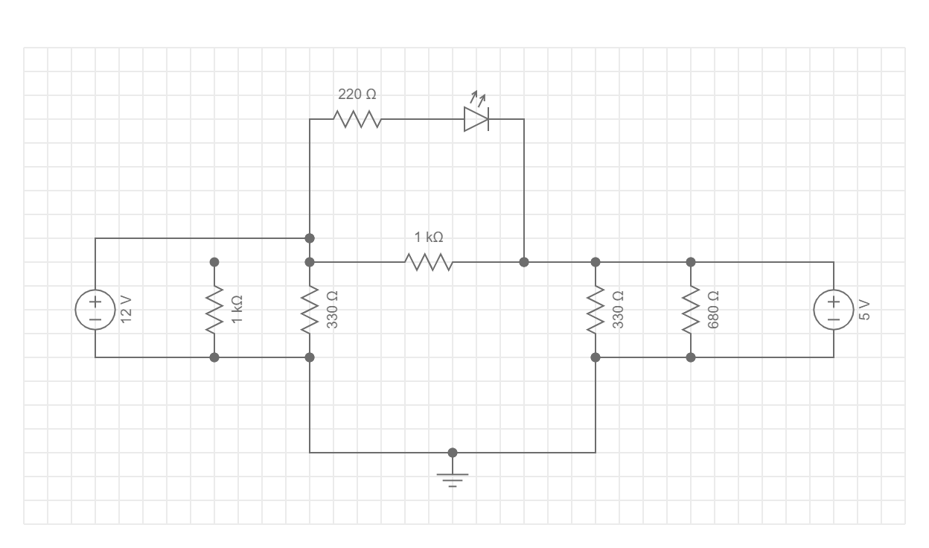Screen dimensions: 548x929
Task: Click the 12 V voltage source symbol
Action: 95,310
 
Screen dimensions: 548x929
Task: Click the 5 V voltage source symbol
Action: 834,310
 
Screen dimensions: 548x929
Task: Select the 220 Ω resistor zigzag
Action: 357,119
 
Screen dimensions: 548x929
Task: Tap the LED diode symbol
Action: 476,119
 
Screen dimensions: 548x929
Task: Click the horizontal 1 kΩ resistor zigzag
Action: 429,262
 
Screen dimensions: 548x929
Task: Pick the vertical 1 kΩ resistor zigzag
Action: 214,310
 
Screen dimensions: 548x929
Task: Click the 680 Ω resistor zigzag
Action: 691,310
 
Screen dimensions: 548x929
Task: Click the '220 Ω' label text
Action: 357,95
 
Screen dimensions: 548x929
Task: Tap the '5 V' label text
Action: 864,309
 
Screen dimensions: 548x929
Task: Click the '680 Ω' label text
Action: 714,309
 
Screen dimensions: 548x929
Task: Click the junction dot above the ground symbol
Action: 453,453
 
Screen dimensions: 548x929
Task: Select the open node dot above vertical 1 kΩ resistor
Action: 214,262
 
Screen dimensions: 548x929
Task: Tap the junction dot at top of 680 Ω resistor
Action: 691,262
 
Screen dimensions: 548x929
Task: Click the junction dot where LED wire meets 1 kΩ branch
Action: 524,262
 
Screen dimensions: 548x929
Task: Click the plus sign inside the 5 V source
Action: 834,302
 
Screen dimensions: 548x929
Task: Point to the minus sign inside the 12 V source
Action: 95,319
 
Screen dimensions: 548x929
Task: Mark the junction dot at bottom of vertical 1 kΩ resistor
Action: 214,357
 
